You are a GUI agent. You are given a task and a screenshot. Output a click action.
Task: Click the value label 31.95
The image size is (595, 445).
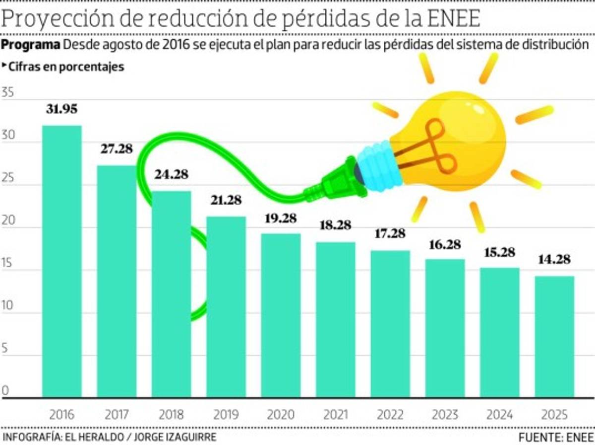(62, 109)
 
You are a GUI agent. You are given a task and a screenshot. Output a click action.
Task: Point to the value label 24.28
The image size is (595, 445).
(172, 175)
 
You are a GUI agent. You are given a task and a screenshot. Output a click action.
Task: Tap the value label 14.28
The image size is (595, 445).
(554, 259)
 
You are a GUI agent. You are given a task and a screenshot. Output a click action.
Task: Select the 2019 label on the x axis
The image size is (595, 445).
(226, 414)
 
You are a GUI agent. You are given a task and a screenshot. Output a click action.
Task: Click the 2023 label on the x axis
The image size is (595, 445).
(445, 414)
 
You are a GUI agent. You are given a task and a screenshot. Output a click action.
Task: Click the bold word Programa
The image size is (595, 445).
(31, 45)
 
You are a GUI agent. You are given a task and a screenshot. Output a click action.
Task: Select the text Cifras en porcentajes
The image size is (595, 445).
(66, 67)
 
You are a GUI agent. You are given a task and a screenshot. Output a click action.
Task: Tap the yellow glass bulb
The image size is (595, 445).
(456, 134)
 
